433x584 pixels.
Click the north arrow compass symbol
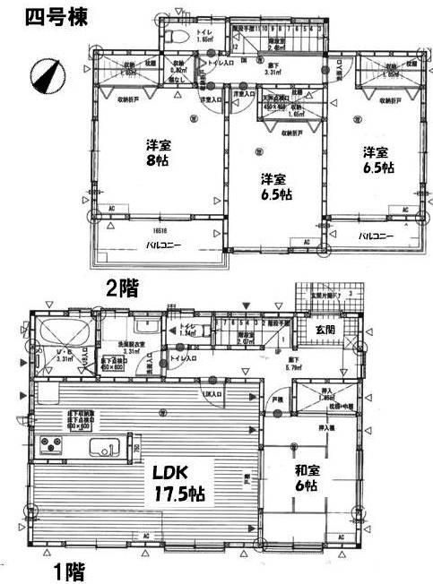(x=45, y=74)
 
